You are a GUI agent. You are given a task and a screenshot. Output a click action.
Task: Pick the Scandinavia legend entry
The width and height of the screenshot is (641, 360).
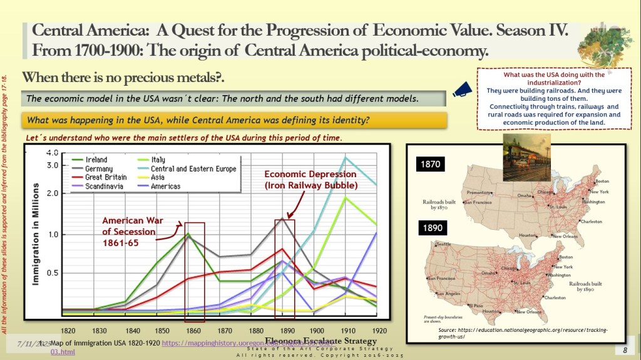pyautogui.click(x=103, y=186)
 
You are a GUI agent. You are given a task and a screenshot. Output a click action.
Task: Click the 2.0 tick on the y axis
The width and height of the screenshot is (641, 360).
pyautogui.click(x=52, y=193)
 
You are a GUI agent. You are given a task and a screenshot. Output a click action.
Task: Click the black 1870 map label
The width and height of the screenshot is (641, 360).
pyautogui.click(x=430, y=165)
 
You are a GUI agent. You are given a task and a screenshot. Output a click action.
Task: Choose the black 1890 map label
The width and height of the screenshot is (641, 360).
pyautogui.click(x=430, y=229)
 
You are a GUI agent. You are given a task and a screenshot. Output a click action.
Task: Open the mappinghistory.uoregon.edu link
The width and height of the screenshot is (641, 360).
pyautogui.click(x=213, y=343)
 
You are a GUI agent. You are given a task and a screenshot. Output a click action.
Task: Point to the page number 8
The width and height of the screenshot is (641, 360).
pyautogui.click(x=624, y=349)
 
